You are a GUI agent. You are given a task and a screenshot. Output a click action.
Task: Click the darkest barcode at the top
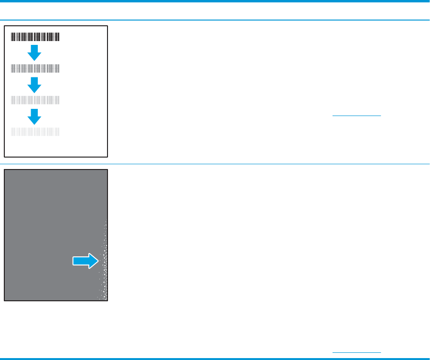click(35, 36)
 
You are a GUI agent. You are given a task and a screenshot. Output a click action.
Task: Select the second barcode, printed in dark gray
click(35, 68)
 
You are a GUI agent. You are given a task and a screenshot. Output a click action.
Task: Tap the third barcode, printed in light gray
click(35, 100)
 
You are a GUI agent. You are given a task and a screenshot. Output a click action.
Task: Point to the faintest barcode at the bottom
click(35, 132)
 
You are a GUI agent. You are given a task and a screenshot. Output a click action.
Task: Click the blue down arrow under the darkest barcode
click(34, 52)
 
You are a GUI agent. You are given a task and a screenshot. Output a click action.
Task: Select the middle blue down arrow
click(34, 84)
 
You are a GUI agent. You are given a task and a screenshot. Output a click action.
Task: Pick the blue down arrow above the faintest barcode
click(34, 116)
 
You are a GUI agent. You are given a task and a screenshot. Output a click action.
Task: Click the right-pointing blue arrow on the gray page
click(86, 261)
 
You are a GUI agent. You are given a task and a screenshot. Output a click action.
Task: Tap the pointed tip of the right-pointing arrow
click(98, 261)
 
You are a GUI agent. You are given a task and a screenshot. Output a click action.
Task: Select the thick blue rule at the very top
click(215, 1)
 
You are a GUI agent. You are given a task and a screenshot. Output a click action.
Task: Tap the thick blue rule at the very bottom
click(215, 358)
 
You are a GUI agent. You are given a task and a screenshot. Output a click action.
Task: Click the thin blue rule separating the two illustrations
click(215, 164)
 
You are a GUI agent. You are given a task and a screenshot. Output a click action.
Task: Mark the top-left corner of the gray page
click(5, 169)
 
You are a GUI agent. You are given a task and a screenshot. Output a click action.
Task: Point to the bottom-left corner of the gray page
click(5, 301)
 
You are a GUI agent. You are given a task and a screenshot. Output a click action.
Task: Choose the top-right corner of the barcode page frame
click(107, 26)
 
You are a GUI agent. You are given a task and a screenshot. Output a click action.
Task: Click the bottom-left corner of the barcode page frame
click(5, 156)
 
